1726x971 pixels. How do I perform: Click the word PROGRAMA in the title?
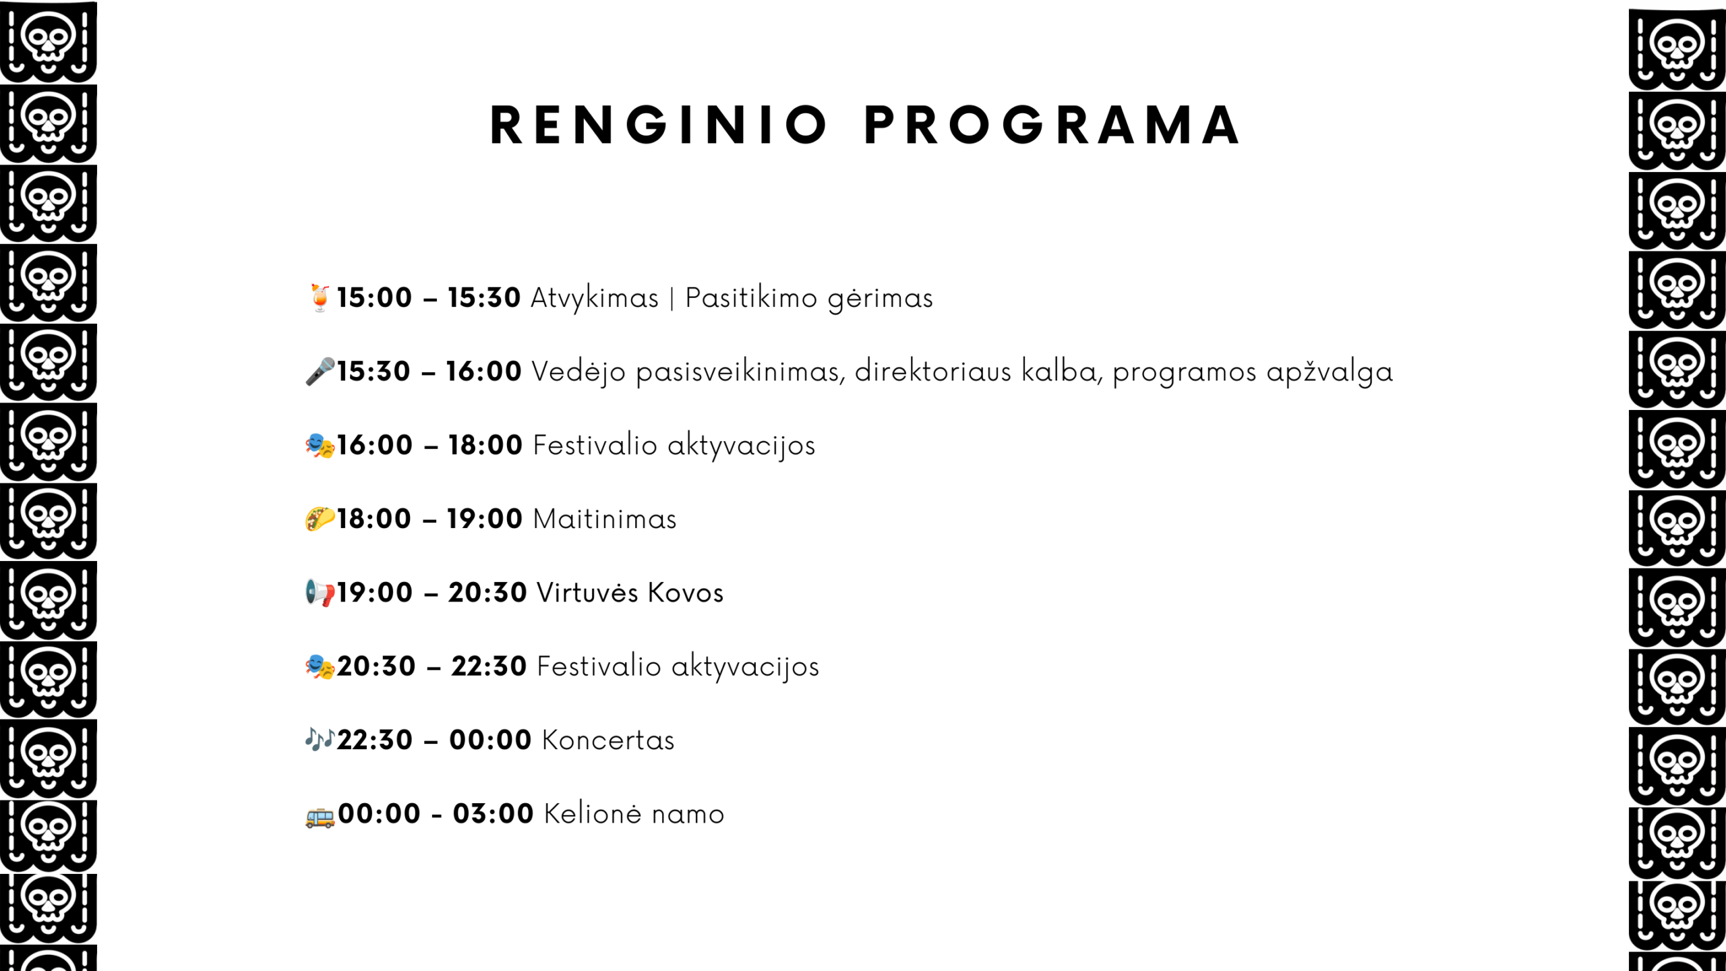[x=1052, y=125]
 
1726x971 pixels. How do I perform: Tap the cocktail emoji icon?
[x=320, y=297]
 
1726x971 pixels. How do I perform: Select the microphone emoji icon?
[x=320, y=372]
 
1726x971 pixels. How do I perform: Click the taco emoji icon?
[x=320, y=519]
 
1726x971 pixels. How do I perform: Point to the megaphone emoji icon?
[x=320, y=593]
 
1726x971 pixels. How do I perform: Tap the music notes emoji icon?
[x=320, y=740]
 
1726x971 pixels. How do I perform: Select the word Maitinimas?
[x=605, y=519]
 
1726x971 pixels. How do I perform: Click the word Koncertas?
[x=608, y=740]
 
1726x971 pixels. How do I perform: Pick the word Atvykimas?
[x=595, y=299]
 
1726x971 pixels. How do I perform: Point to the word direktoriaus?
[x=933, y=372]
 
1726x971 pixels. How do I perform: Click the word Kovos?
[x=686, y=593]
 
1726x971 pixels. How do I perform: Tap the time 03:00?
[x=494, y=814]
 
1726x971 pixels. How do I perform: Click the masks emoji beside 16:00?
[x=320, y=446]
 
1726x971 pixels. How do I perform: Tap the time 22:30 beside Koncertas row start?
[x=375, y=740]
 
